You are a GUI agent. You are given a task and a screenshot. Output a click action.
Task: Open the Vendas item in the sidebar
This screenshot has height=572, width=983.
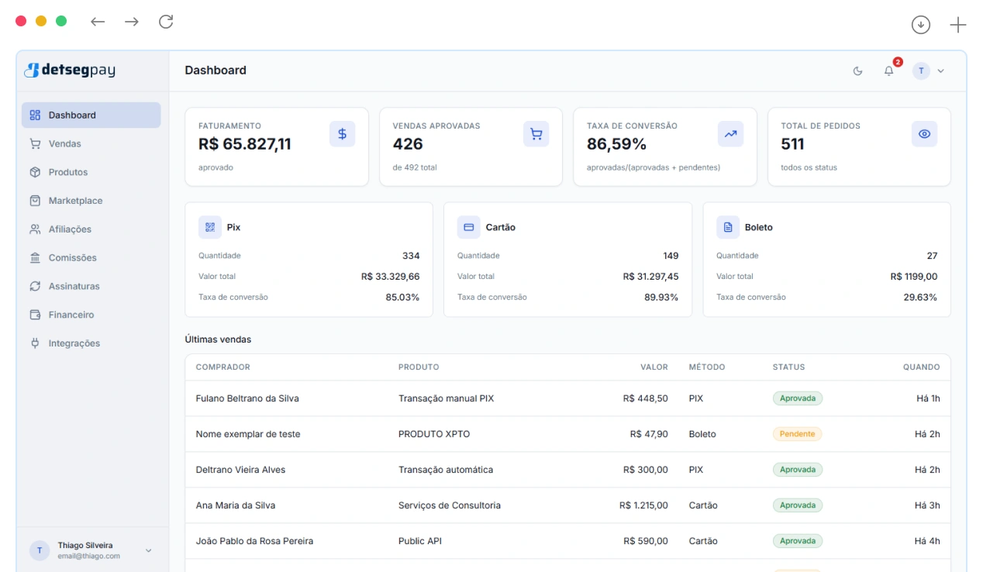(x=64, y=143)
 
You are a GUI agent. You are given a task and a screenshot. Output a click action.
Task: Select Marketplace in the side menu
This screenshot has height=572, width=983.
(x=75, y=201)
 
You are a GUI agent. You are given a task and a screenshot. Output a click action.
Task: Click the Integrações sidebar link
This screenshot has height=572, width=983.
(x=74, y=343)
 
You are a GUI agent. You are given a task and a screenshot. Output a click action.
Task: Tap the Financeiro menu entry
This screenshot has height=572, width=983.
(x=71, y=315)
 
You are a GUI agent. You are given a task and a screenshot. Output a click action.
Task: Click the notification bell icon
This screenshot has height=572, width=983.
(x=888, y=71)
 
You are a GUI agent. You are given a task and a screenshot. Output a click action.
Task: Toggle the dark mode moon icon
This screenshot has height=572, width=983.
(x=857, y=71)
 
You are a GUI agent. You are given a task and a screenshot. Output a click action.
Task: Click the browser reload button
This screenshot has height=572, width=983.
(x=166, y=22)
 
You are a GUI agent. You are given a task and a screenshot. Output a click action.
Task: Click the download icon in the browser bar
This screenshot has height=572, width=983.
(x=921, y=25)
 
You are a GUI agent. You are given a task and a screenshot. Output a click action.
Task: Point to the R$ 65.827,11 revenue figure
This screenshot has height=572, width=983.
(x=244, y=144)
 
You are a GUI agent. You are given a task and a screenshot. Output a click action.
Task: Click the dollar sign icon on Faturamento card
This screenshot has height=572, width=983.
(x=343, y=134)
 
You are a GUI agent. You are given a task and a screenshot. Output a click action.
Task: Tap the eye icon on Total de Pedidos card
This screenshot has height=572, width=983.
(x=924, y=134)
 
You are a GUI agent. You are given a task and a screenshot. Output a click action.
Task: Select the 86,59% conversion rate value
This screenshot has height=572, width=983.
(x=616, y=144)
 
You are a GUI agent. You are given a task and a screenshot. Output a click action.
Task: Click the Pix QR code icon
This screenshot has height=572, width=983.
(x=210, y=227)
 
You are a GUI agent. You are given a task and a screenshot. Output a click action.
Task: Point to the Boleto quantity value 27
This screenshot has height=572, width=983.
(x=932, y=256)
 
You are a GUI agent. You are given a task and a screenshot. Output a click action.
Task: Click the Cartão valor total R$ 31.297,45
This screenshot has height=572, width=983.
(x=650, y=277)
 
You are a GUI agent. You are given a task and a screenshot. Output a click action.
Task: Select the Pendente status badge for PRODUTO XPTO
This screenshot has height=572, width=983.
(x=797, y=434)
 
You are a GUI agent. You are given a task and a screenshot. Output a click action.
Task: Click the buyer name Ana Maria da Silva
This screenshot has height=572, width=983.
(x=235, y=505)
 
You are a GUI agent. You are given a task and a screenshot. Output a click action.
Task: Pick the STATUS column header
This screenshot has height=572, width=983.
(x=788, y=367)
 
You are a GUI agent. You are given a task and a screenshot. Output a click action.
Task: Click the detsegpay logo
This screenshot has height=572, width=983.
(x=70, y=71)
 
